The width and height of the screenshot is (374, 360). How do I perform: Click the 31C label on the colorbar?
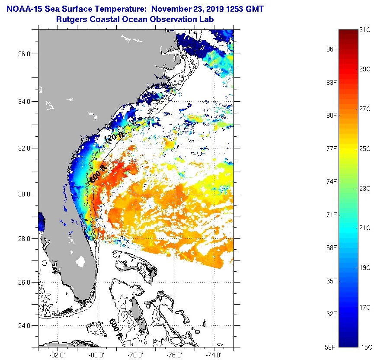coord(364,30)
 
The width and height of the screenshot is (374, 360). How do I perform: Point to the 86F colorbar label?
coord(332,49)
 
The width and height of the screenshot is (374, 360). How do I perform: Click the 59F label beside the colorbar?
coord(332,347)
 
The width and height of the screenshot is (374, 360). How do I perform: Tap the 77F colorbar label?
coord(332,148)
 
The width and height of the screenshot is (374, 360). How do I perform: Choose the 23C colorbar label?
coord(364,188)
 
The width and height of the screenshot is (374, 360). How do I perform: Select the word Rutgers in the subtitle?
coord(70,19)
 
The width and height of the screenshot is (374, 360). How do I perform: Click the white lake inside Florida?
coord(80,261)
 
